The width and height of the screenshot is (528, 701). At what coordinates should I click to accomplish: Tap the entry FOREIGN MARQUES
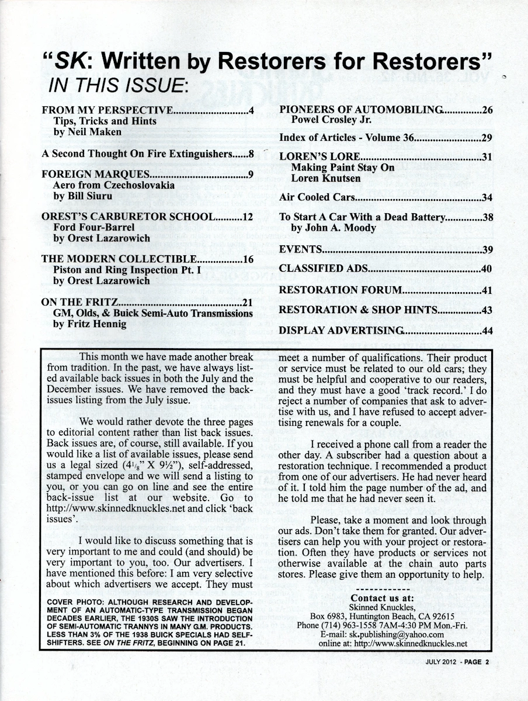pyautogui.click(x=96, y=174)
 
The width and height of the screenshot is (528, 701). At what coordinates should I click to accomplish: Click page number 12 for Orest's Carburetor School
pyautogui.click(x=247, y=217)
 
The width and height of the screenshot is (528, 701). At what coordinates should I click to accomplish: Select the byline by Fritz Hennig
pyautogui.click(x=89, y=324)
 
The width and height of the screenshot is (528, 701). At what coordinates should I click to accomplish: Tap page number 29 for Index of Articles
pyautogui.click(x=487, y=138)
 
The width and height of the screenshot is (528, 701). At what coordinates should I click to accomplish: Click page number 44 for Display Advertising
pyautogui.click(x=487, y=331)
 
